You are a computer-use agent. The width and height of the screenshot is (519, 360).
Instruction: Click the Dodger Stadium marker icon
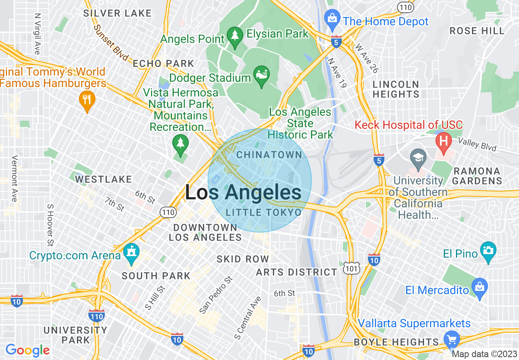pyautogui.click(x=262, y=76)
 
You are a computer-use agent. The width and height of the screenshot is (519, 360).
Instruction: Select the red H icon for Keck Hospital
pyautogui.click(x=443, y=142)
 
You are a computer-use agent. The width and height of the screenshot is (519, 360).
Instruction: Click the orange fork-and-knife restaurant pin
pyautogui.click(x=86, y=100)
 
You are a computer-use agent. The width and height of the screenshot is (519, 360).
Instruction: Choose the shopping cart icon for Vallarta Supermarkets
pyautogui.click(x=452, y=339)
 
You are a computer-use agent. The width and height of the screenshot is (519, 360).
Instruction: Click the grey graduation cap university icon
pyautogui.click(x=418, y=157)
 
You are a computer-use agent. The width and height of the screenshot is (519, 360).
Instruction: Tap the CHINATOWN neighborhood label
pyautogui.click(x=269, y=155)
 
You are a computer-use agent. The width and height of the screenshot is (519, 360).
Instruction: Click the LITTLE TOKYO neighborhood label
pyautogui.click(x=264, y=212)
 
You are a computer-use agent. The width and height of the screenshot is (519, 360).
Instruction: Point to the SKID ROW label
pyautogui.click(x=243, y=259)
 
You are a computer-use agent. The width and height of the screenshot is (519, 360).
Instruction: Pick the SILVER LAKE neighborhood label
pyautogui.click(x=117, y=13)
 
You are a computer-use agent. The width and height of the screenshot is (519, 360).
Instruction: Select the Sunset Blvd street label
pyautogui.click(x=111, y=43)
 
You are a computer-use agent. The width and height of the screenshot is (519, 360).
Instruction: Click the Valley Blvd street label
pyautogui.click(x=477, y=144)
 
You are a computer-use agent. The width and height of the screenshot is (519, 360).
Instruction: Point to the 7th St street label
pyautogui.click(x=114, y=204)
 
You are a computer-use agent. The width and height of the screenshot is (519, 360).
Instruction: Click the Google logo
pyautogui.click(x=27, y=350)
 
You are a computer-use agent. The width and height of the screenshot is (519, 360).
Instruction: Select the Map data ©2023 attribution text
pyautogui.click(x=484, y=354)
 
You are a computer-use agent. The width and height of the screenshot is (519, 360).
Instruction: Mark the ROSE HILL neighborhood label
pyautogui.click(x=477, y=31)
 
